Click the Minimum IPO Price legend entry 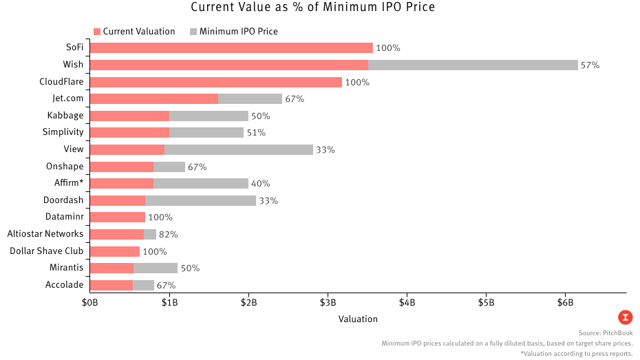click(x=233, y=32)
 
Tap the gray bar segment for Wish click(x=473, y=65)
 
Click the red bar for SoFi click(x=231, y=48)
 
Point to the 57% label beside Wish click(x=590, y=65)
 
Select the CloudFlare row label click(x=61, y=82)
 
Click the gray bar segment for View click(x=239, y=149)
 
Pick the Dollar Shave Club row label click(x=47, y=251)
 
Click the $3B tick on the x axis click(x=328, y=303)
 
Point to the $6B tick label click(x=565, y=303)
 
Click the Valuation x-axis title click(x=358, y=319)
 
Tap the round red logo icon click(x=625, y=317)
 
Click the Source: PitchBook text click(x=606, y=332)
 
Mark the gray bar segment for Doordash click(x=200, y=200)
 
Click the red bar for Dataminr click(x=118, y=218)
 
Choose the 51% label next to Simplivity click(x=256, y=133)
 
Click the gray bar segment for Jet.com click(x=250, y=99)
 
